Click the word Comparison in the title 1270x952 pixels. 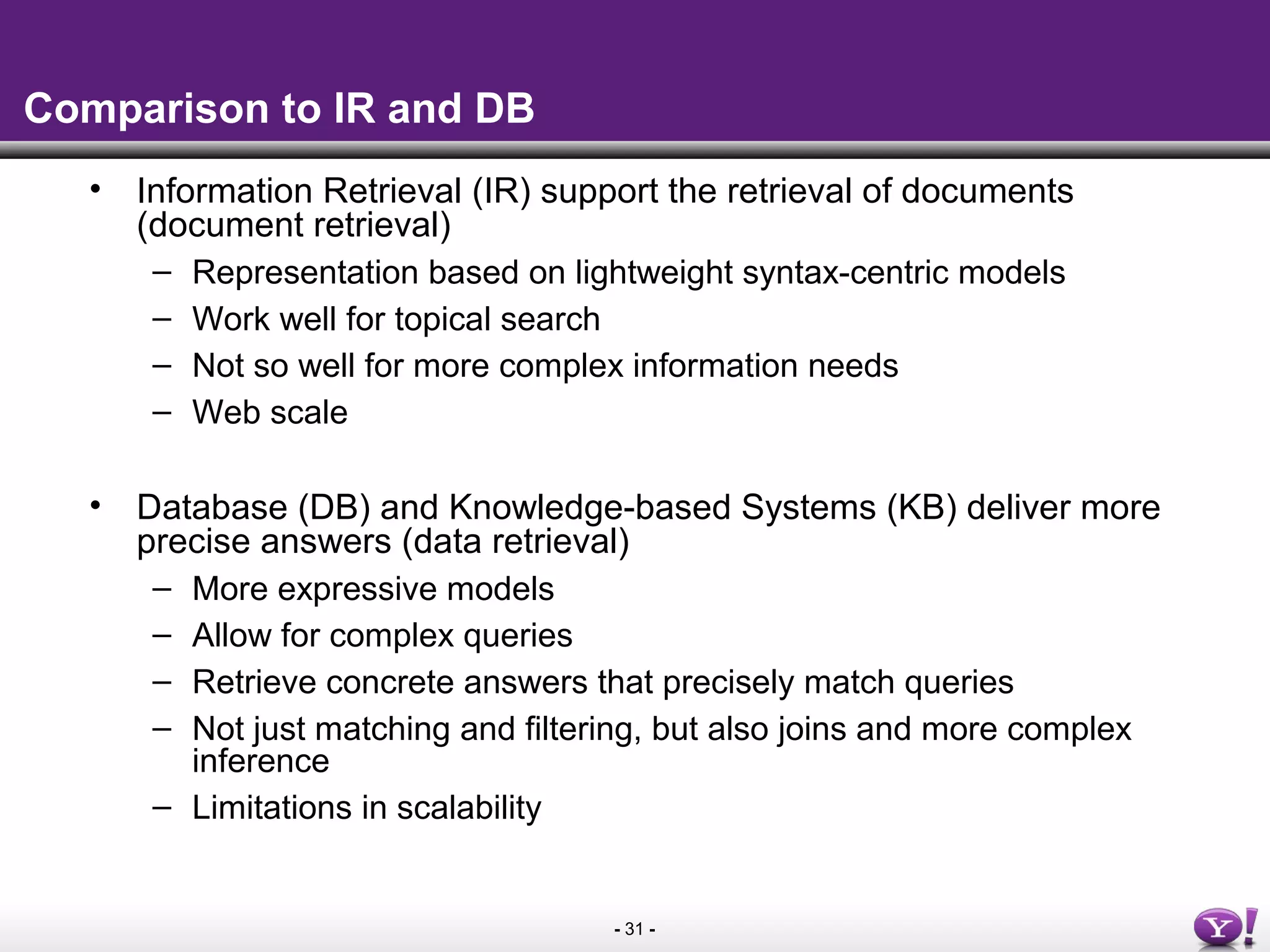pyautogui.click(x=146, y=109)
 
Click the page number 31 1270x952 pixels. pyautogui.click(x=634, y=929)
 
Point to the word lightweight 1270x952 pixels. pyautogui.click(x=653, y=273)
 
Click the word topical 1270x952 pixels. pyautogui.click(x=442, y=320)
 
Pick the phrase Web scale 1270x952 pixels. pyautogui.click(x=270, y=413)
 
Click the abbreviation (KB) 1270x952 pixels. pyautogui.click(x=921, y=508)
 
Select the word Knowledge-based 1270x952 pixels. pyautogui.click(x=589, y=508)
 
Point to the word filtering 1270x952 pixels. pyautogui.click(x=582, y=729)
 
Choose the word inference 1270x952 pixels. pyautogui.click(x=260, y=761)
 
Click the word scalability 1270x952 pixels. pyautogui.click(x=469, y=808)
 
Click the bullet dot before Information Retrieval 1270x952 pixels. pyautogui.click(x=95, y=188)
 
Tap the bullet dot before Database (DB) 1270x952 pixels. pyautogui.click(x=95, y=505)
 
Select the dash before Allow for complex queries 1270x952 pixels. pyautogui.click(x=161, y=636)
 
